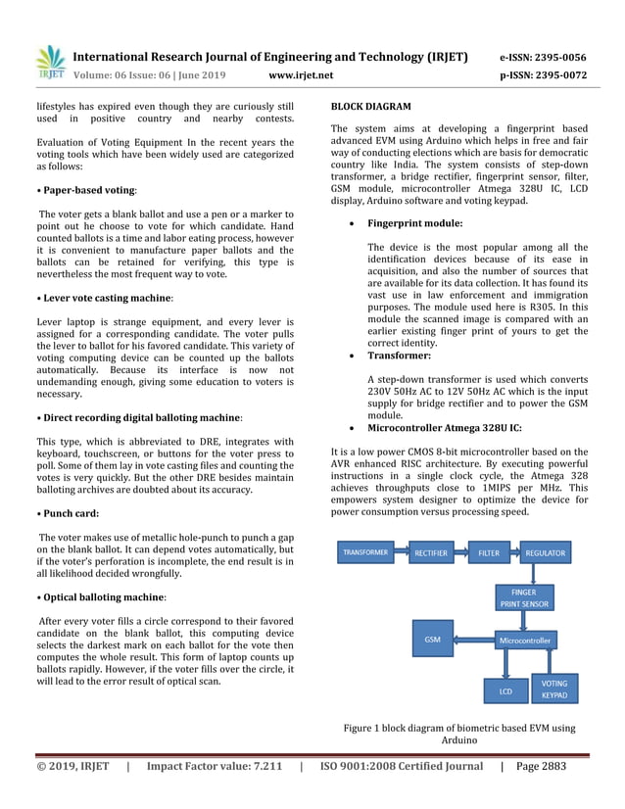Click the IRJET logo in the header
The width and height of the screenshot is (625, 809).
(x=49, y=62)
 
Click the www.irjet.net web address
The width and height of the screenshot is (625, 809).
(x=301, y=74)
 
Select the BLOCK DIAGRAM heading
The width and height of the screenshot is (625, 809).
(x=371, y=105)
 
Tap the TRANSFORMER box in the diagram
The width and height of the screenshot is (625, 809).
(x=365, y=552)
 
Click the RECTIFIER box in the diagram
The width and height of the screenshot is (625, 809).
(x=431, y=552)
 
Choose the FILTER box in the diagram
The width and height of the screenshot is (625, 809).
(x=488, y=552)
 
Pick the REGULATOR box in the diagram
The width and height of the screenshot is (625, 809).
(x=545, y=552)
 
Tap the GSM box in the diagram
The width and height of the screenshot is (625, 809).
(x=432, y=639)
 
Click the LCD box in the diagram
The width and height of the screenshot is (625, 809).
(x=505, y=690)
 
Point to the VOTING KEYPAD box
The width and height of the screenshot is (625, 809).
(x=554, y=689)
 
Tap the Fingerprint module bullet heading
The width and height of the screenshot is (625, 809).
(x=415, y=223)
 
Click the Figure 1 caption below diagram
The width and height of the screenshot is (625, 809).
(x=459, y=735)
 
